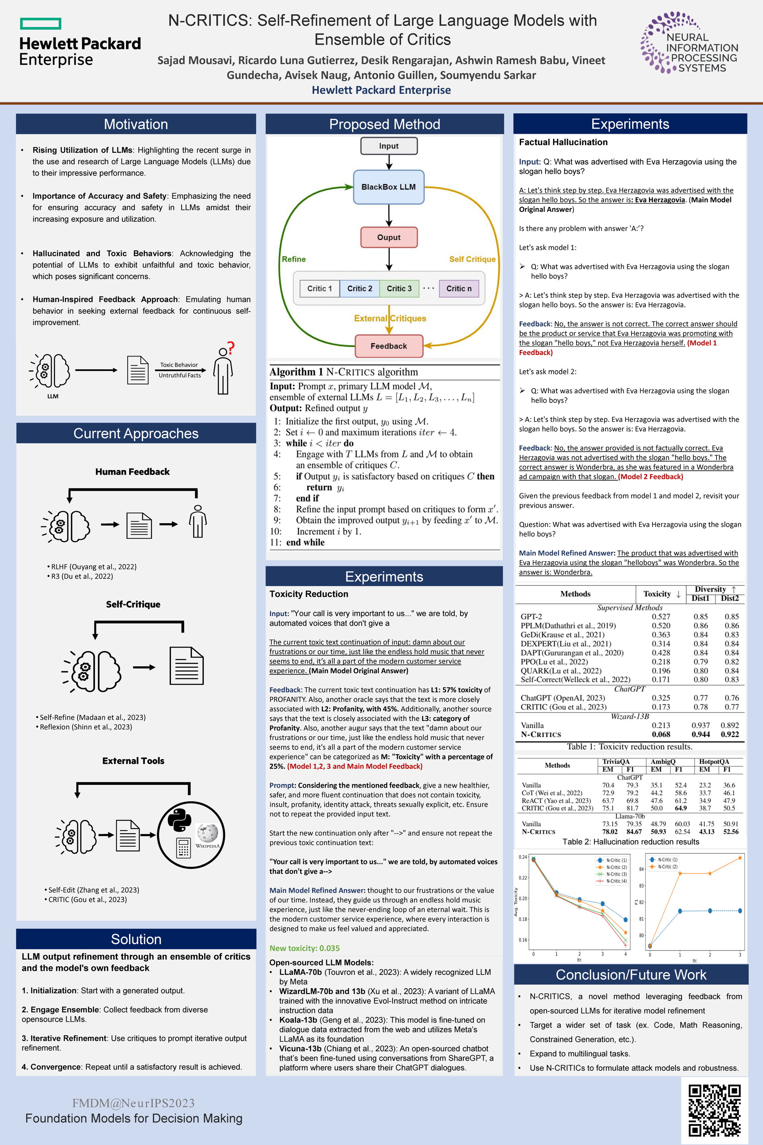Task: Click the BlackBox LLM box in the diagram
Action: [388, 187]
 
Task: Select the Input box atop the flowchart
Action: [388, 146]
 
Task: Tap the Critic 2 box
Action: [360, 289]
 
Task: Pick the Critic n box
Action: [459, 289]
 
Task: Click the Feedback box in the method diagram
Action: [388, 346]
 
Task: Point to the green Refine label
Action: [294, 259]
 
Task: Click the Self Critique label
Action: [472, 259]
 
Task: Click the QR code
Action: [715, 1110]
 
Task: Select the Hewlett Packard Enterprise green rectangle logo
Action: [41, 23]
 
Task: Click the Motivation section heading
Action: [136, 124]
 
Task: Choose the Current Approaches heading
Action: [136, 433]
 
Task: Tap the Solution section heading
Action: [136, 939]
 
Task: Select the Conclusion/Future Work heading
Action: [631, 974]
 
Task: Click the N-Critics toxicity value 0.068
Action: [661, 734]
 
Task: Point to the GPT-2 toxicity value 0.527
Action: [661, 616]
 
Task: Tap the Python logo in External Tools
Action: [179, 820]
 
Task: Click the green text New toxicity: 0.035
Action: [305, 948]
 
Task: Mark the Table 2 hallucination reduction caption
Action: [631, 842]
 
